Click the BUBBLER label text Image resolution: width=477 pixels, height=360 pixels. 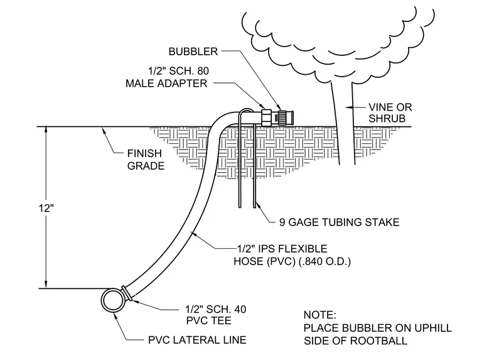(x=193, y=52)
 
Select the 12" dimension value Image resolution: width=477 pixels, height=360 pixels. (x=46, y=209)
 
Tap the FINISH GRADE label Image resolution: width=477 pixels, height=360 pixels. (x=146, y=160)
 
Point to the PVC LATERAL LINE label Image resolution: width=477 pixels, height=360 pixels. (x=197, y=340)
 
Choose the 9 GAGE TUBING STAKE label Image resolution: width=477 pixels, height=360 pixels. (x=339, y=222)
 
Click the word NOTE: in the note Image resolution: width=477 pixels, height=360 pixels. (x=319, y=315)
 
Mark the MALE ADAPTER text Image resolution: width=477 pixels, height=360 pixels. (x=166, y=83)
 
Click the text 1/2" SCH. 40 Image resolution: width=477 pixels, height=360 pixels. (x=216, y=309)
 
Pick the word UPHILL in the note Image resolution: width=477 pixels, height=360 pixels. (x=433, y=328)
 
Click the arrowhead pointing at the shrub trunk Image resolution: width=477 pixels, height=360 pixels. (x=349, y=107)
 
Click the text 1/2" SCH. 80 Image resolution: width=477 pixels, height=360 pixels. (x=179, y=71)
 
